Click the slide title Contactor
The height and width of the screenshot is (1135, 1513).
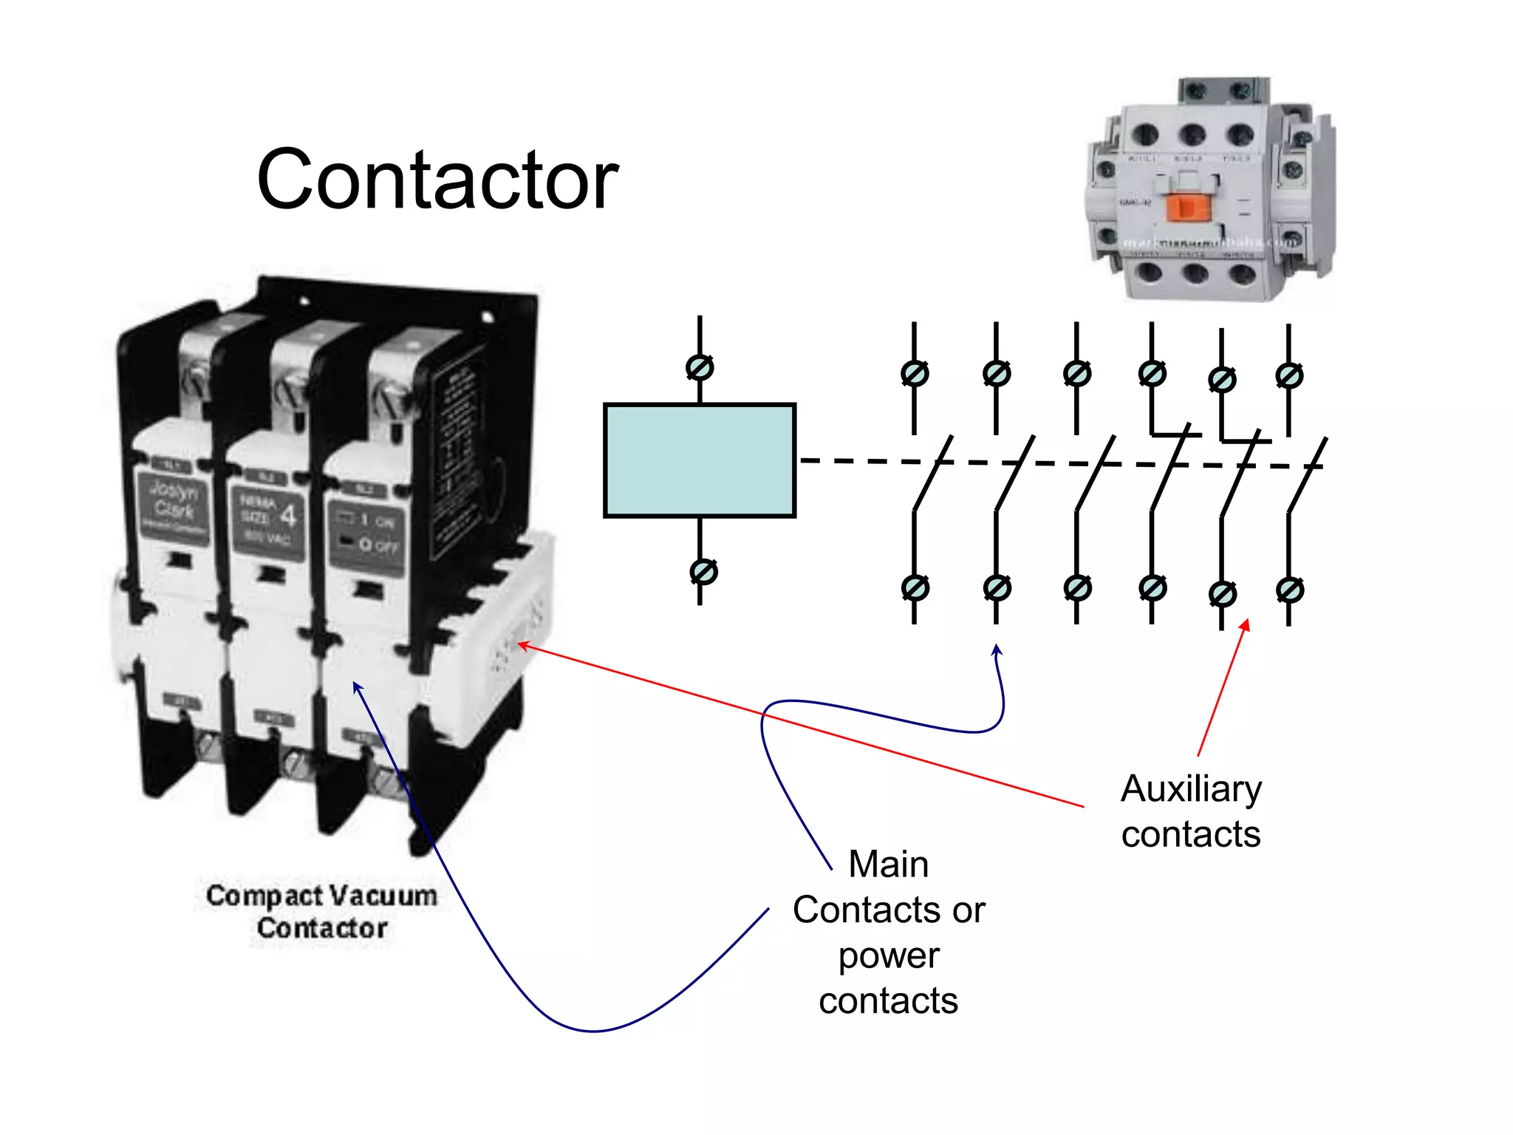pyautogui.click(x=437, y=180)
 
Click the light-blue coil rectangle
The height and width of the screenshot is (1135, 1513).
pyautogui.click(x=699, y=460)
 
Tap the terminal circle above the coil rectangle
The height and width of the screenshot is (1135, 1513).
pyautogui.click(x=700, y=367)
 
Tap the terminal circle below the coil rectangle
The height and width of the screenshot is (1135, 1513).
pyautogui.click(x=703, y=571)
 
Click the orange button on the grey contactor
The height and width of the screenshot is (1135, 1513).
pyautogui.click(x=1187, y=207)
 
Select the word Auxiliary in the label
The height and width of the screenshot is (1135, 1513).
pyautogui.click(x=1191, y=788)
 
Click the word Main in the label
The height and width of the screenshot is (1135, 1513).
pyautogui.click(x=888, y=864)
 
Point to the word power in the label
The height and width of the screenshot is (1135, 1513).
pyautogui.click(x=889, y=955)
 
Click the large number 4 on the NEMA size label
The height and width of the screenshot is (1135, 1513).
pyautogui.click(x=289, y=516)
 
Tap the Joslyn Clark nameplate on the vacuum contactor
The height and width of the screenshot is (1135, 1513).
pyautogui.click(x=174, y=507)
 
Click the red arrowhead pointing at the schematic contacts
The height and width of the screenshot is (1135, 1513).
pyautogui.click(x=1246, y=624)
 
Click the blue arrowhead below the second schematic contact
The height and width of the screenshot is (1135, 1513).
pyautogui.click(x=996, y=650)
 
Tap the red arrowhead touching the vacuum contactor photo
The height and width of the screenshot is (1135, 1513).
pyautogui.click(x=522, y=646)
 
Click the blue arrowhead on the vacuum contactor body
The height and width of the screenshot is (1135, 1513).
pyautogui.click(x=357, y=687)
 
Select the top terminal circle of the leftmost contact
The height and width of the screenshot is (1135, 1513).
pyautogui.click(x=915, y=374)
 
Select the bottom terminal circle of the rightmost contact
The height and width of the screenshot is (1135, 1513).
pyautogui.click(x=1290, y=590)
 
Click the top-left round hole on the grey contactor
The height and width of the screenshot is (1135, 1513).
pyautogui.click(x=1145, y=134)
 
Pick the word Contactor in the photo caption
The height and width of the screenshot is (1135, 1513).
pyautogui.click(x=322, y=928)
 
